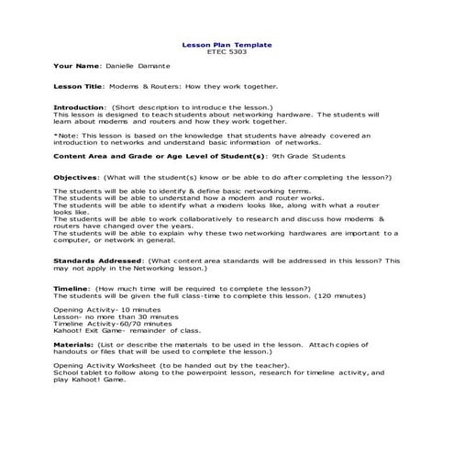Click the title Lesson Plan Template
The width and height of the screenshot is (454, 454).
227,44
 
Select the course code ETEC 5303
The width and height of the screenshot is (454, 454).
227,51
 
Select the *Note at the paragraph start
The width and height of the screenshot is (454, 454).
66,135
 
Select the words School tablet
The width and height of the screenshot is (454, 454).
76,374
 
